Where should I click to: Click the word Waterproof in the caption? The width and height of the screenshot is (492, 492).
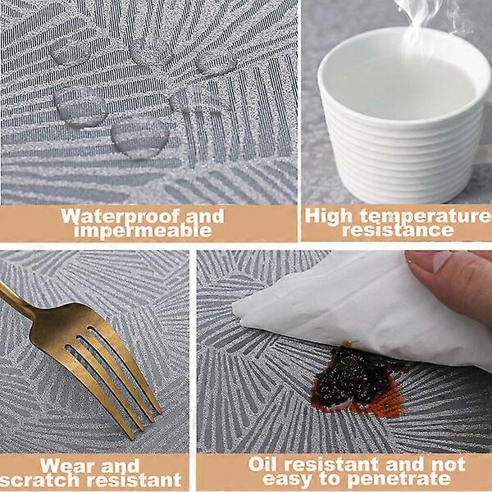[x=121, y=216]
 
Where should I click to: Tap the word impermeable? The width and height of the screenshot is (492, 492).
[x=143, y=230]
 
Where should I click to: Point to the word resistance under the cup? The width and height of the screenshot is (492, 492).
[x=399, y=230]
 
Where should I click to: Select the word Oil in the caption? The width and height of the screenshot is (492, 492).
[x=263, y=464]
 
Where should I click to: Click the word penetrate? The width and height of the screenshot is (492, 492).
[x=399, y=479]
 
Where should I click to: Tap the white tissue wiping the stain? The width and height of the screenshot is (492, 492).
[x=361, y=311]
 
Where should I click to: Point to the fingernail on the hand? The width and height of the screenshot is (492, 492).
[x=443, y=261]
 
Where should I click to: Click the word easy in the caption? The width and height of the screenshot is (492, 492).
[x=288, y=480]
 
